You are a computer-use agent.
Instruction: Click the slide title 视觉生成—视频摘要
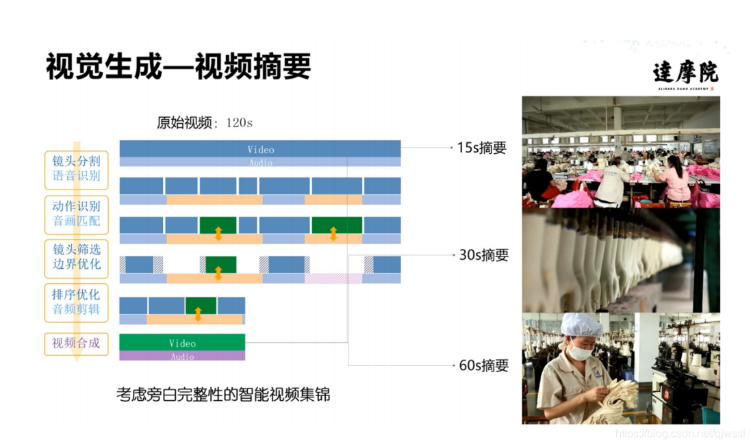(179, 68)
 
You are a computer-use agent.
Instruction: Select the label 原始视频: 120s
(205, 123)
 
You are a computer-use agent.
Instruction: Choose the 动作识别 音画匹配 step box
(76, 213)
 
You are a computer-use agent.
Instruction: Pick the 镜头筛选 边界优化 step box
(76, 257)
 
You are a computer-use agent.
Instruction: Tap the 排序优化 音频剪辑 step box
(76, 302)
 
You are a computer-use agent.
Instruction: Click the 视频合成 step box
(76, 343)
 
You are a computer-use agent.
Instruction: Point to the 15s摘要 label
(481, 148)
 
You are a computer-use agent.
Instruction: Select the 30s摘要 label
(484, 255)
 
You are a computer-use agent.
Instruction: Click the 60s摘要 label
(484, 365)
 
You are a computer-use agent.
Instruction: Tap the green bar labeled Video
(182, 342)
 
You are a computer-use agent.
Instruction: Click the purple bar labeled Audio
(182, 356)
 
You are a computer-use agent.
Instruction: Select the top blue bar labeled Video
(260, 148)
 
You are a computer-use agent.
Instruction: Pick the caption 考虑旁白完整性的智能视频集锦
(223, 395)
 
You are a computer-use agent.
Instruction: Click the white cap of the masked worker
(581, 324)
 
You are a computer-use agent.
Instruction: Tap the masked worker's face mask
(581, 353)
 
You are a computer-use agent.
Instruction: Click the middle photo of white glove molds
(620, 260)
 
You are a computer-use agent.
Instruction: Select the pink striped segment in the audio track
(333, 278)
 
